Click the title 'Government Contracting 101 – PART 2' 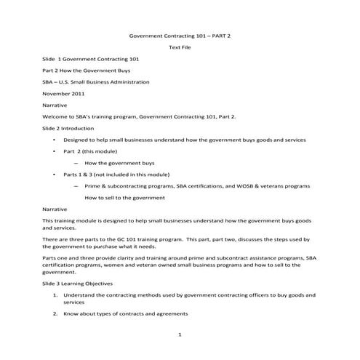tap(179, 35)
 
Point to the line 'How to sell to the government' tap(125, 197)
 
